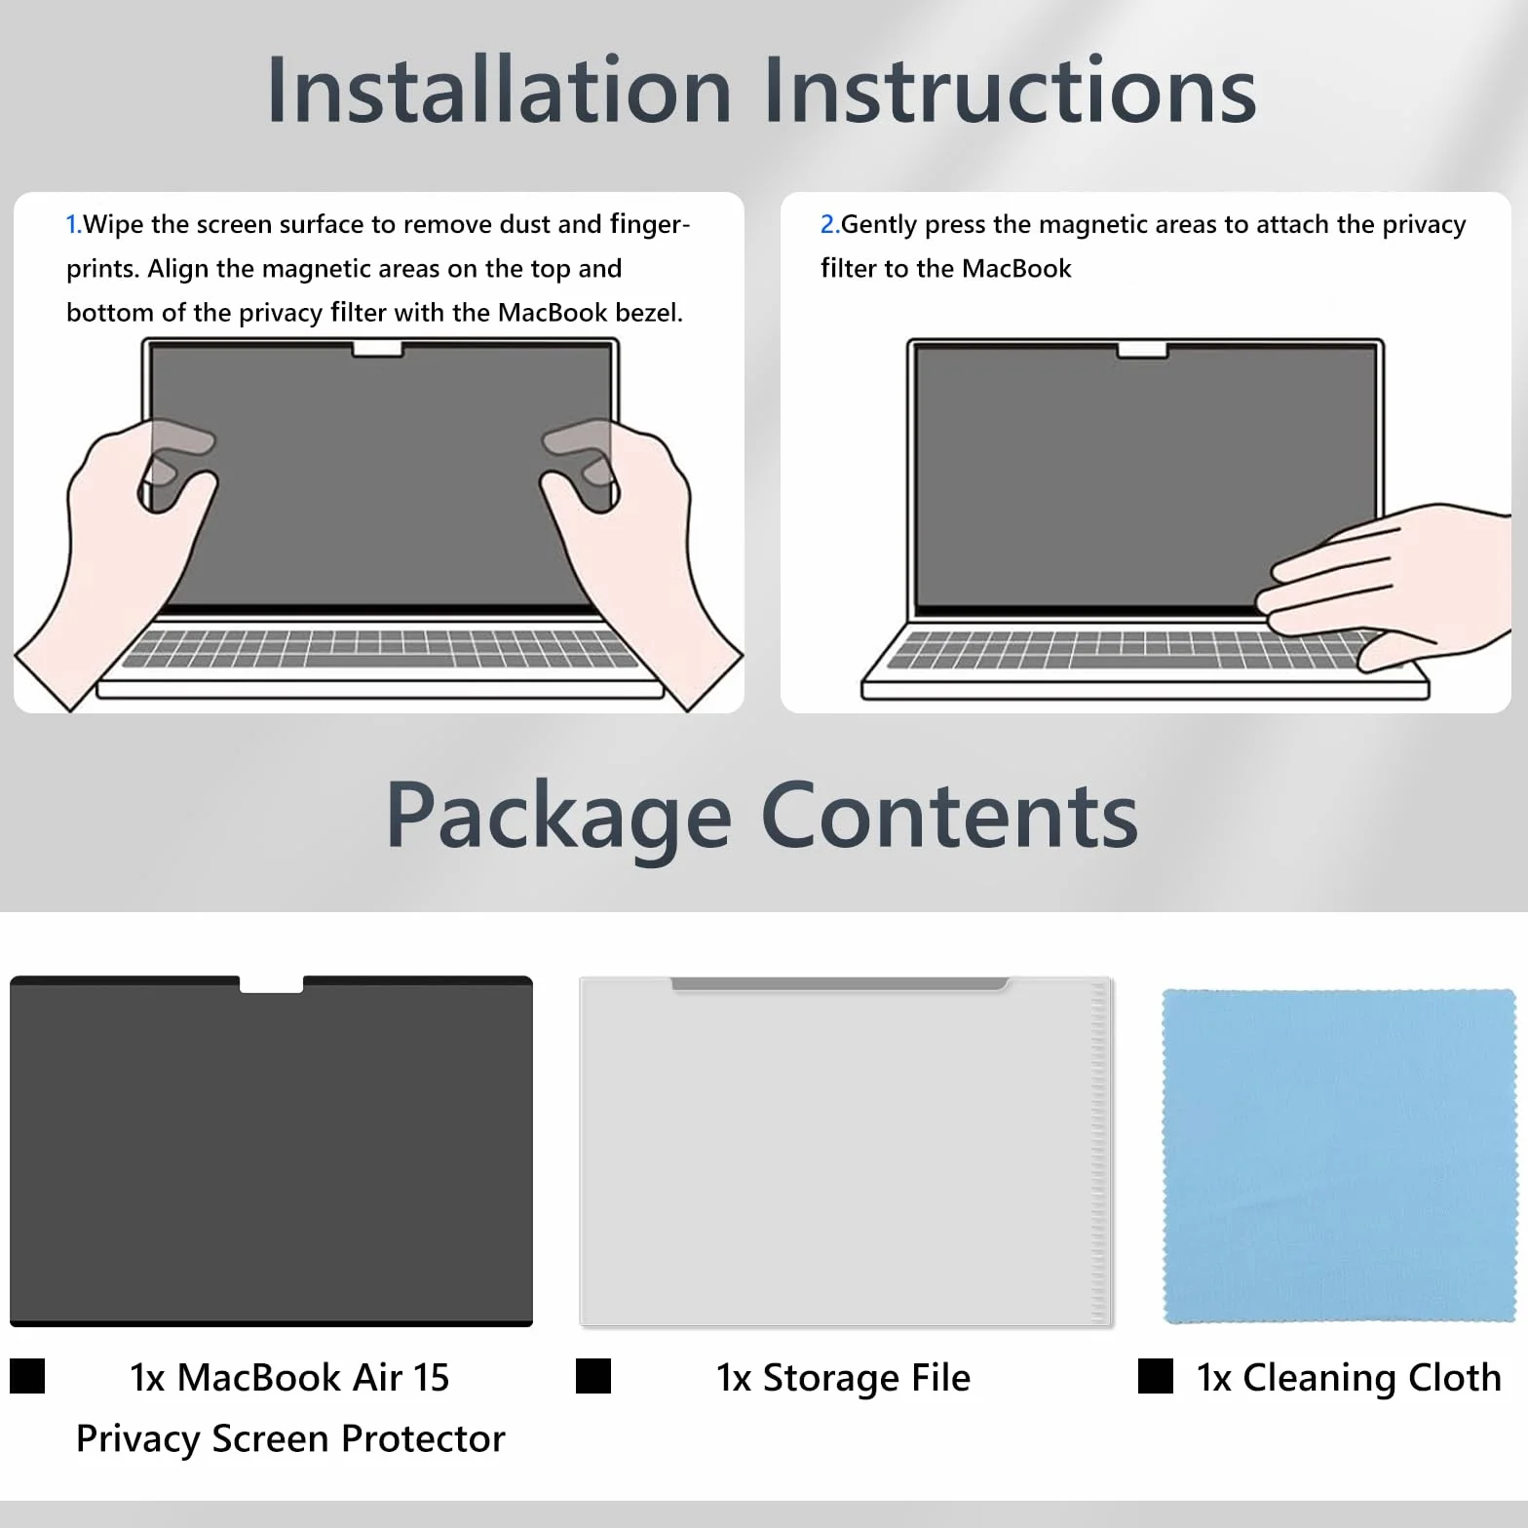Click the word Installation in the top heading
click(x=499, y=90)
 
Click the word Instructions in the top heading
click(x=1011, y=90)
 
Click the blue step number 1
click(x=73, y=224)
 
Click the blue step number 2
click(x=829, y=224)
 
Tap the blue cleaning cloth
click(x=1339, y=1156)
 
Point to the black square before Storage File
click(x=593, y=1376)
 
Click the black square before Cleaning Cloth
click(x=1156, y=1376)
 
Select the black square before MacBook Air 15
click(x=27, y=1376)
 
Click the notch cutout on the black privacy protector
click(x=271, y=984)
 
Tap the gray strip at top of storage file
click(x=840, y=984)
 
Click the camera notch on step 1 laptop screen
click(x=378, y=349)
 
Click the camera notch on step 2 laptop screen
click(x=1143, y=349)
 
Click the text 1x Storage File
click(x=844, y=1378)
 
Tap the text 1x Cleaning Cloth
click(x=1349, y=1378)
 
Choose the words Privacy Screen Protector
click(x=290, y=1439)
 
